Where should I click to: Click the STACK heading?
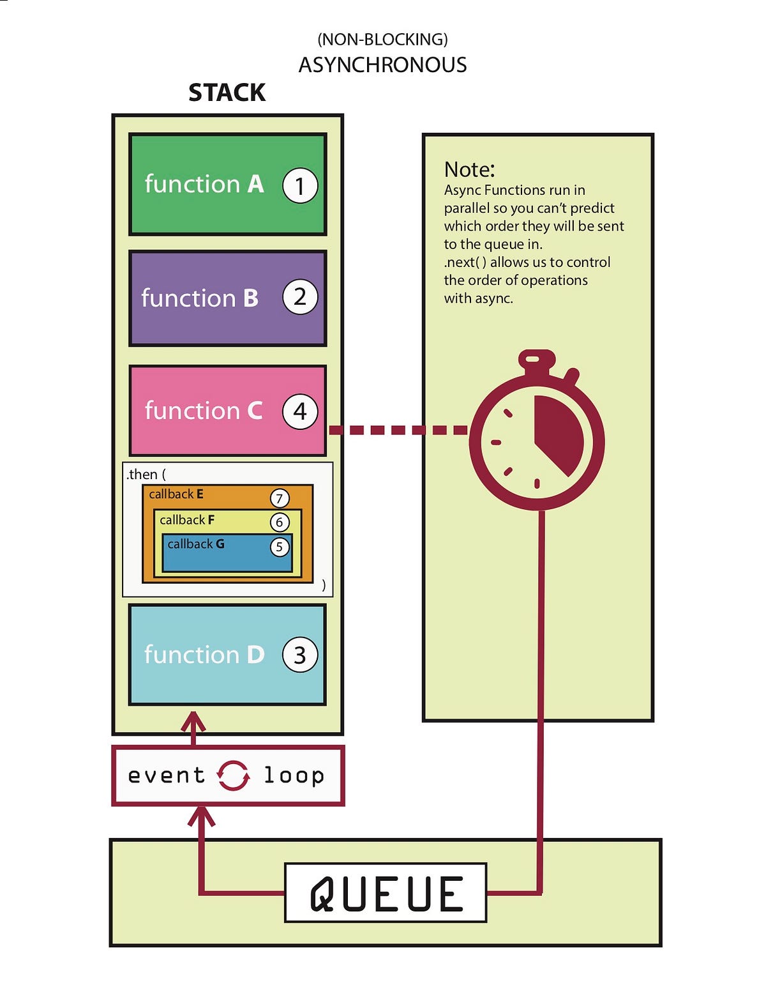(227, 93)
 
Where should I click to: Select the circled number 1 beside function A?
(300, 185)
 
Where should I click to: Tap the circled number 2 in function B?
(300, 297)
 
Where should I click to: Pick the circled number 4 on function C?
(300, 411)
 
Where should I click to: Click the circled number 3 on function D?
(300, 655)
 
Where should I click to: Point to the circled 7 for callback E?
(280, 498)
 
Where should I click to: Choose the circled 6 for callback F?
(280, 523)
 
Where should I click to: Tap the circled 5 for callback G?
(280, 546)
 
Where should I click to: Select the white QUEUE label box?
(386, 892)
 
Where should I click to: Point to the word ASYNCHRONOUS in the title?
(382, 65)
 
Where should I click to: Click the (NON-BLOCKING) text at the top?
(382, 39)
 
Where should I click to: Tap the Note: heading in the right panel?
(469, 169)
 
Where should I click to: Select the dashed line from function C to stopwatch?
(398, 430)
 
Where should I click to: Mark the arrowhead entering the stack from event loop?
(193, 722)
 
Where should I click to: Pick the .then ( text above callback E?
(146, 475)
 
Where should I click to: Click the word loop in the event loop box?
(294, 775)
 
